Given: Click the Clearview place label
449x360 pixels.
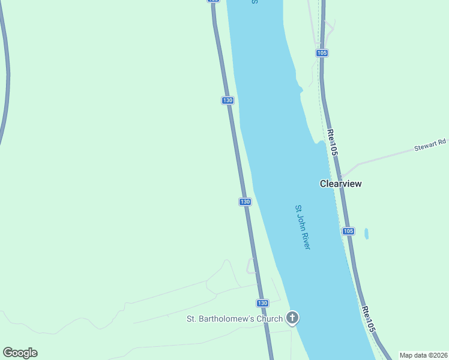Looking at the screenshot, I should coord(341,184).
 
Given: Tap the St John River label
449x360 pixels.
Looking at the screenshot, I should coord(302,227).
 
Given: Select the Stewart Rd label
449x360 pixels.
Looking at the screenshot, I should coord(431,145).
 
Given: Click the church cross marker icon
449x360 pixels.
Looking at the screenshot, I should coord(292,318).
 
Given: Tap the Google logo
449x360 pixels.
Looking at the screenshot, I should coord(20,353).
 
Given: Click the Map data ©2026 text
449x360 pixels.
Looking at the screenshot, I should coord(424,355).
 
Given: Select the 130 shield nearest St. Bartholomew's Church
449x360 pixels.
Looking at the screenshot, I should coord(262,303).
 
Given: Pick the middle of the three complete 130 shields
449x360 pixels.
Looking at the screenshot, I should coord(245,202).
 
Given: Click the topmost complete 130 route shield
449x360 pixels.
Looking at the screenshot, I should coord(228,100).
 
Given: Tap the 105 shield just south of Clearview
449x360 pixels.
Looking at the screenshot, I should coord(349,231).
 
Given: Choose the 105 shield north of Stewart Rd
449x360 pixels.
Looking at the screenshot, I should coord(322,53).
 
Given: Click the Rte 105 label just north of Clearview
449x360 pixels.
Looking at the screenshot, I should coord(333,143).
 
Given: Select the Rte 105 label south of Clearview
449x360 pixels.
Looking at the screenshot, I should coord(369,320).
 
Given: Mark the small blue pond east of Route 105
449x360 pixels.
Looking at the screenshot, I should coord(366,233).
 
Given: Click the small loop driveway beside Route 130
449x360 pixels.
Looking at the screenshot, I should coord(251,266).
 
